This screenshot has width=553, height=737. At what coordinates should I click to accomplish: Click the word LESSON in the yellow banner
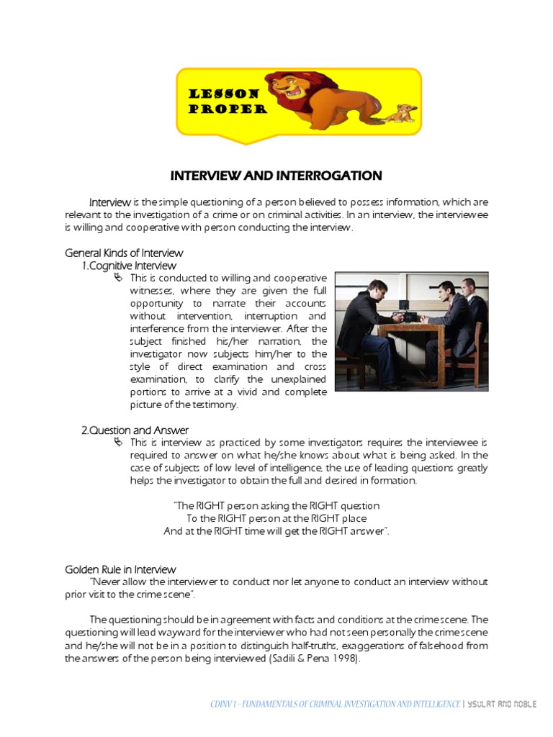224,94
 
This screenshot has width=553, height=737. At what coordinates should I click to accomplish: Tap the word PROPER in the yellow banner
228,109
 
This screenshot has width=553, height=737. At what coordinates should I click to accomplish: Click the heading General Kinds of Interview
124,253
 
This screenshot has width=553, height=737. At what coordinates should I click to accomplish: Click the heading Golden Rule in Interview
120,569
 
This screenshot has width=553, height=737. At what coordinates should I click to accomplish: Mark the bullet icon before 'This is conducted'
119,278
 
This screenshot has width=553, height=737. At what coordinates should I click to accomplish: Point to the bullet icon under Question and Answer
119,443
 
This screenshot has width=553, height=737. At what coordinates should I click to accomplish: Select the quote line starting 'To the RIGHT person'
276,518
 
